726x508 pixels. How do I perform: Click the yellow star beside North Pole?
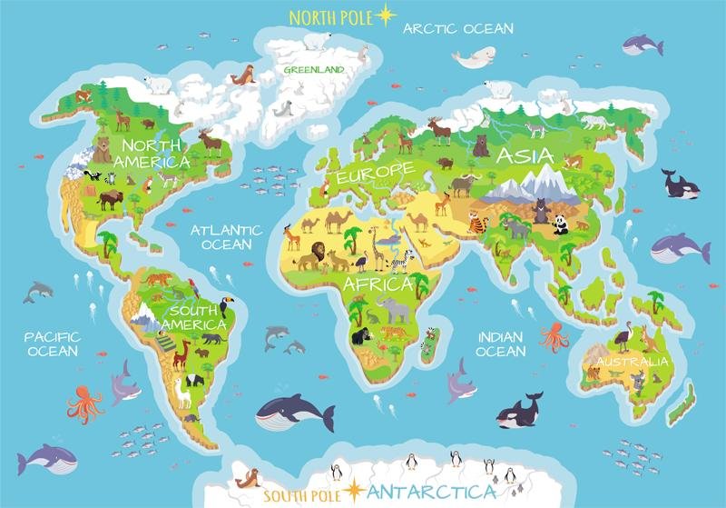[x=387, y=15]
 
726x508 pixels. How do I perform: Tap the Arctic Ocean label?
[x=458, y=28]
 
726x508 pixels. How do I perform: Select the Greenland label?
[x=313, y=69]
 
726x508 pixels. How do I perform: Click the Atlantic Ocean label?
[x=225, y=237]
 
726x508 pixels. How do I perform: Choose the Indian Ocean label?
[x=500, y=344]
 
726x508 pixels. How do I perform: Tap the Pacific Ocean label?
[x=53, y=344]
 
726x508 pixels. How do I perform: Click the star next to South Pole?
[x=352, y=492]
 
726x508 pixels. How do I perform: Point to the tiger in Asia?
[x=477, y=222]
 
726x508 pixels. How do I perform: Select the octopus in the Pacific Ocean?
[x=84, y=403]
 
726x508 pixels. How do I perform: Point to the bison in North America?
[x=112, y=198]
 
